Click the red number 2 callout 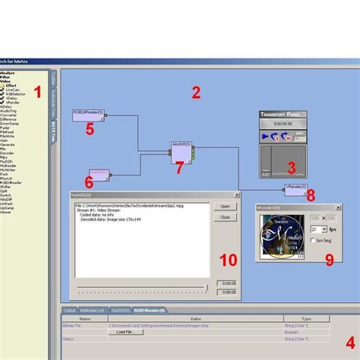pyautogui.click(x=195, y=93)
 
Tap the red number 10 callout pyautogui.click(x=227, y=260)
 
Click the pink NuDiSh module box pyautogui.click(x=99, y=173)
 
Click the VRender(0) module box pyautogui.click(x=295, y=187)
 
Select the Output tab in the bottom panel pyautogui.click(x=69, y=310)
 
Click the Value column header pyautogui.click(x=195, y=319)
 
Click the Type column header pyautogui.click(x=307, y=319)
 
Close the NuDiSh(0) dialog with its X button pyautogui.click(x=236, y=195)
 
